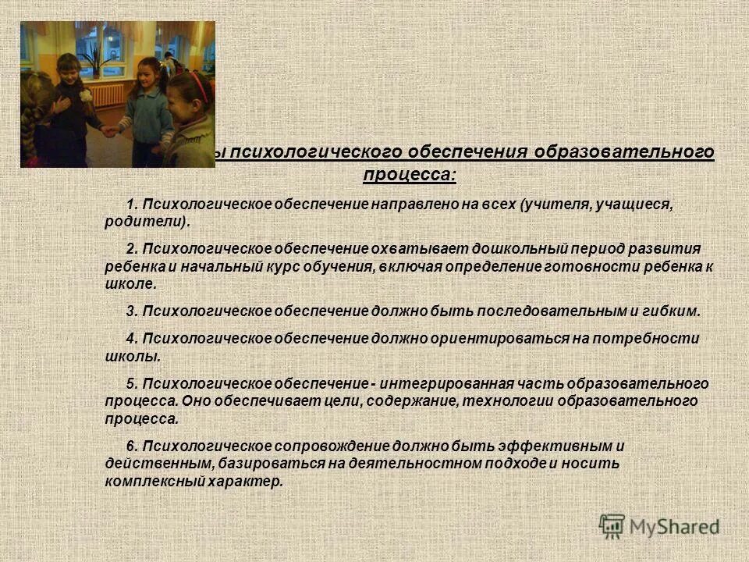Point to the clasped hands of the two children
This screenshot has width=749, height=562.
pos(108,131)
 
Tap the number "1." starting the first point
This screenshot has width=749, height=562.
pos(132,205)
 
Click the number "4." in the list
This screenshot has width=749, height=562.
pos(132,339)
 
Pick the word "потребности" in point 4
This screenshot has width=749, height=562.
pos(647,339)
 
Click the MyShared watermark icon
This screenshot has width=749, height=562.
pos(612,526)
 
